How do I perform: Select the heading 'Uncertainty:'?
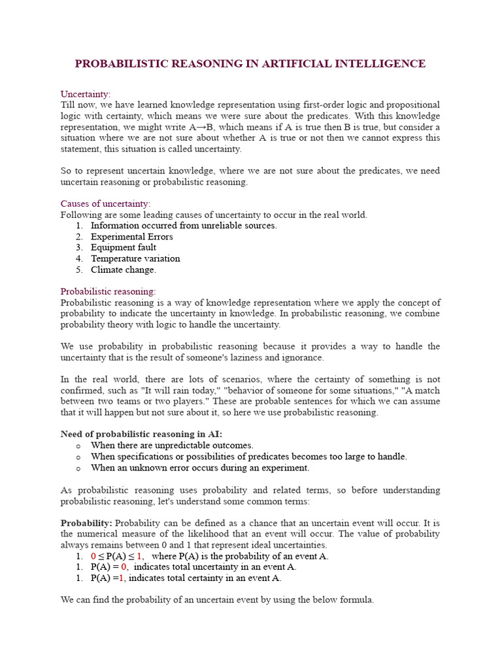pyautogui.click(x=86, y=94)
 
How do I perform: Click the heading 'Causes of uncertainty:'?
pyautogui.click(x=105, y=203)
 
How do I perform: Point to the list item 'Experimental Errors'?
pyautogui.click(x=132, y=236)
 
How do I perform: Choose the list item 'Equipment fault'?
pyautogui.click(x=124, y=247)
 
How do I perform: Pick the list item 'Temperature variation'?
pyautogui.click(x=135, y=258)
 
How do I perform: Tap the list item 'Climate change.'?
pyautogui.click(x=124, y=270)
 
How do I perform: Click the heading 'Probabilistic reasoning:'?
pyautogui.click(x=109, y=291)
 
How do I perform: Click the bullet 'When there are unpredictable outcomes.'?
pyautogui.click(x=172, y=446)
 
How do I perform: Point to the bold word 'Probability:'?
pyautogui.click(x=86, y=523)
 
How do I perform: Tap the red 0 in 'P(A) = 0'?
pyautogui.click(x=124, y=567)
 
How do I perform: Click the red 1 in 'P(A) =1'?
pyautogui.click(x=121, y=578)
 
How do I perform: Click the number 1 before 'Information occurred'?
pyautogui.click(x=78, y=225)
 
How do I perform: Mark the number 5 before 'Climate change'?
pyautogui.click(x=78, y=270)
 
